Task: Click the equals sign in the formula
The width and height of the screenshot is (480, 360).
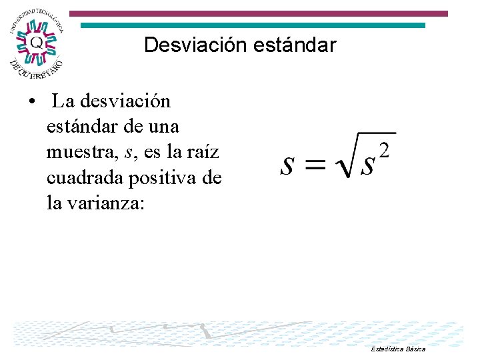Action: click(x=316, y=165)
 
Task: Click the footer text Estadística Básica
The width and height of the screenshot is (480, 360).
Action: click(x=399, y=349)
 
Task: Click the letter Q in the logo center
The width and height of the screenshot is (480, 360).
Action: click(x=37, y=41)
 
